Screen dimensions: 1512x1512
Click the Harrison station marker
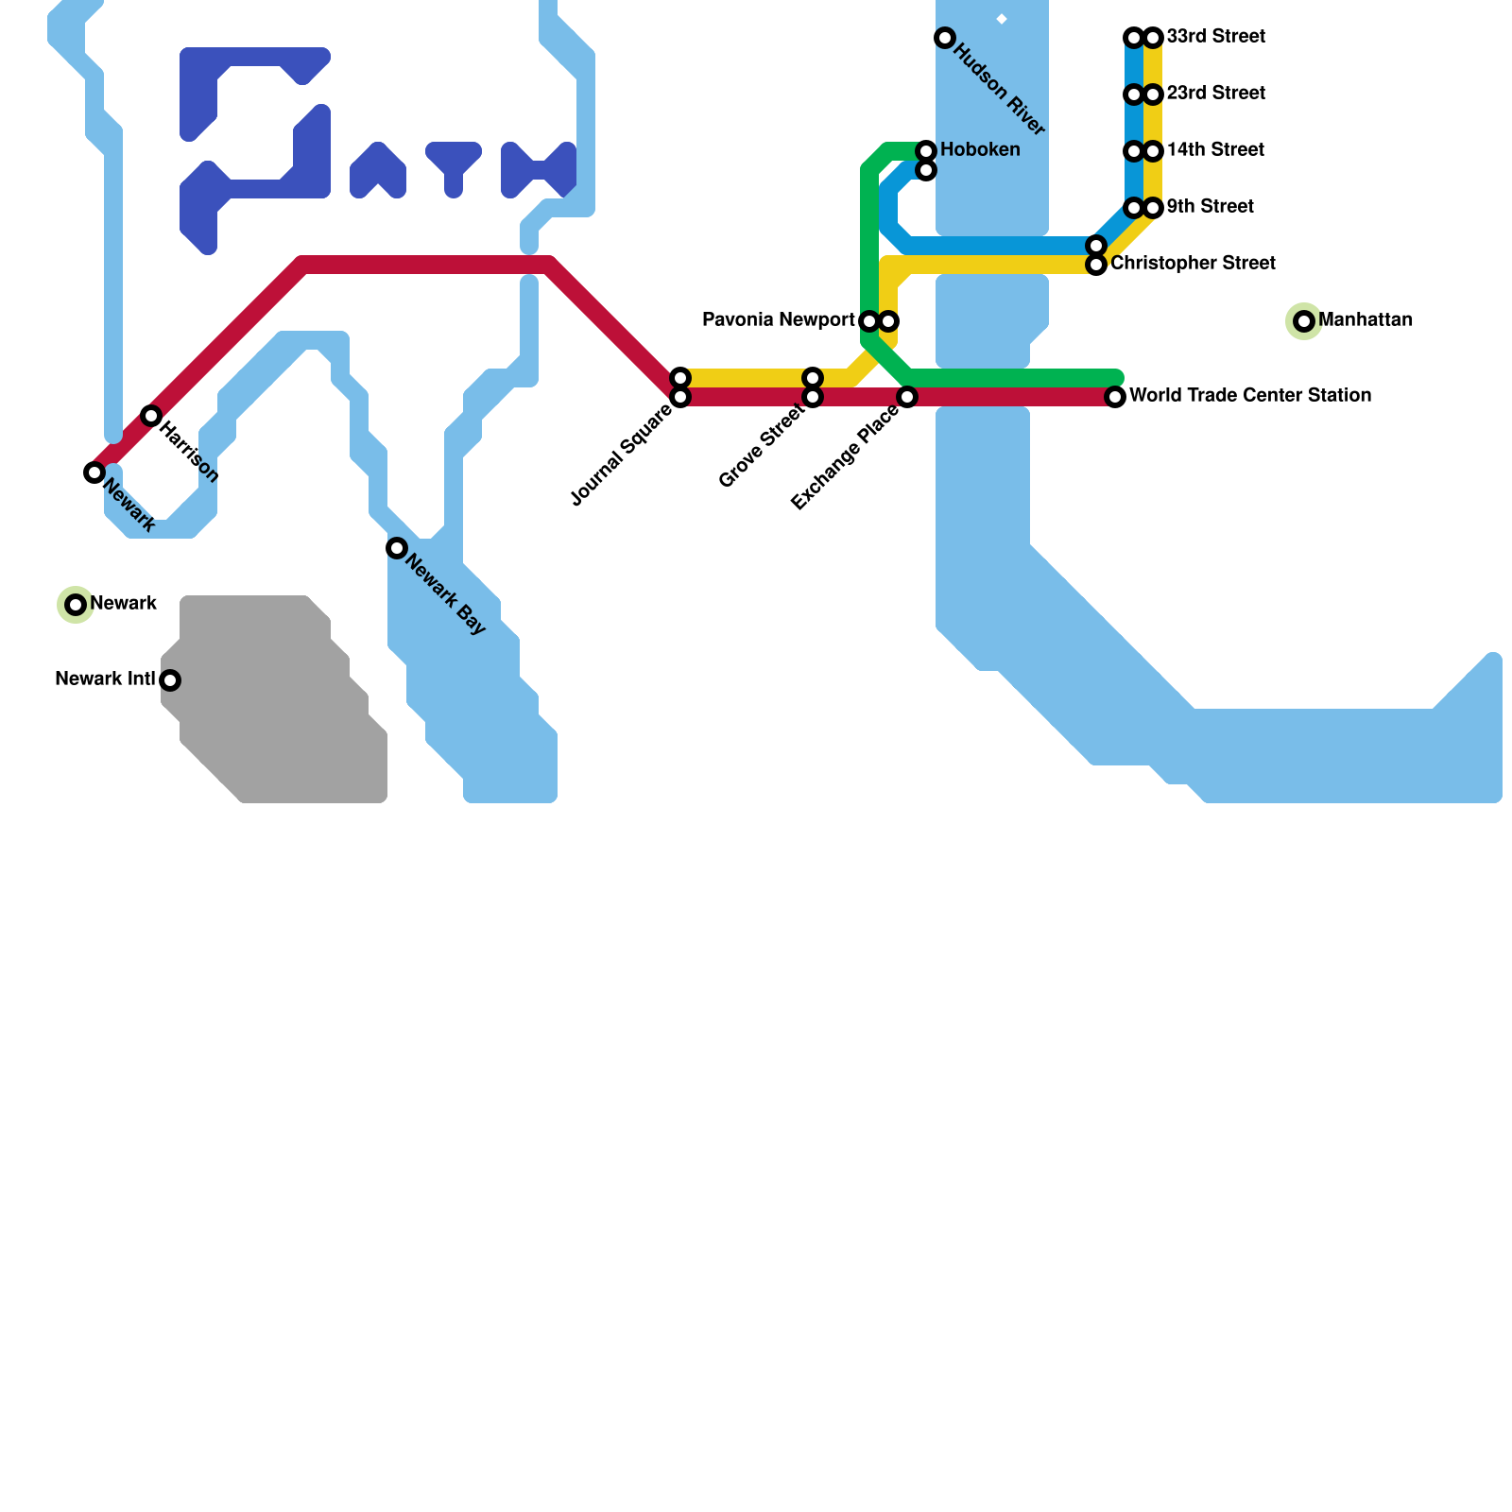151,416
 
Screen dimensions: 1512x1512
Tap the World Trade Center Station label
1249,396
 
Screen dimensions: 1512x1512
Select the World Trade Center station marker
1115,397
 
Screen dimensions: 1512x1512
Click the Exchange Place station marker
907,397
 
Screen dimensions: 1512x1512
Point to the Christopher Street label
1193,264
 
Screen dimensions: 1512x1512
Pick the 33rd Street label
1215,37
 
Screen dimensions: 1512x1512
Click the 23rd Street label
1215,94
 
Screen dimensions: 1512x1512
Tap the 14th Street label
1215,150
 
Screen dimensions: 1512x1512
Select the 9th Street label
1210,207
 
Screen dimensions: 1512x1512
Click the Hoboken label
980,150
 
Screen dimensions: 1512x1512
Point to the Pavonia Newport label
778,320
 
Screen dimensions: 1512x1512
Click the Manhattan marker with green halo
1304,321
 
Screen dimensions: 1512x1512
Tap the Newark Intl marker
170,680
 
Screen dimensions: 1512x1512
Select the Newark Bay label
445,594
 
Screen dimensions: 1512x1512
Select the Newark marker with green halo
76,605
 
